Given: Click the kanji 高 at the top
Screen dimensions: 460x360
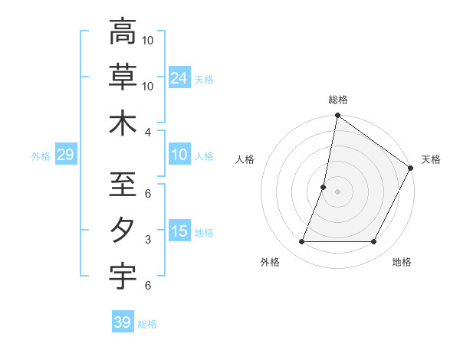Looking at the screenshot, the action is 123,32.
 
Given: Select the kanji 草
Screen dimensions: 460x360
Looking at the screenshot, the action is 123,77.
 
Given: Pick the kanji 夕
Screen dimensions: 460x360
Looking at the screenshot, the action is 123,230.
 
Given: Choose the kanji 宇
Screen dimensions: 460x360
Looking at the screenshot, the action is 123,275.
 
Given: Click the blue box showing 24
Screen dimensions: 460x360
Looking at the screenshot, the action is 179,77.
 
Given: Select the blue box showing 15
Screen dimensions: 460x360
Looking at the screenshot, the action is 179,231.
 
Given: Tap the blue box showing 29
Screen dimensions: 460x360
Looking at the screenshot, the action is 65,155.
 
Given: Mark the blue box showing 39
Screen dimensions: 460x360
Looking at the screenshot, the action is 123,322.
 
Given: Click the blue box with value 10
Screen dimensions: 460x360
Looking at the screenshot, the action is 179,155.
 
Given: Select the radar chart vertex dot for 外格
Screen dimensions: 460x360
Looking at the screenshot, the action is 301,242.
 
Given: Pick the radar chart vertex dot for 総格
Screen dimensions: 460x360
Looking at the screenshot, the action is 337,116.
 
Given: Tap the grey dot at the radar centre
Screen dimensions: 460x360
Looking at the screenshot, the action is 337,191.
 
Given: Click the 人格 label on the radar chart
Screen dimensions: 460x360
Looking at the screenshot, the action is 245,159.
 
